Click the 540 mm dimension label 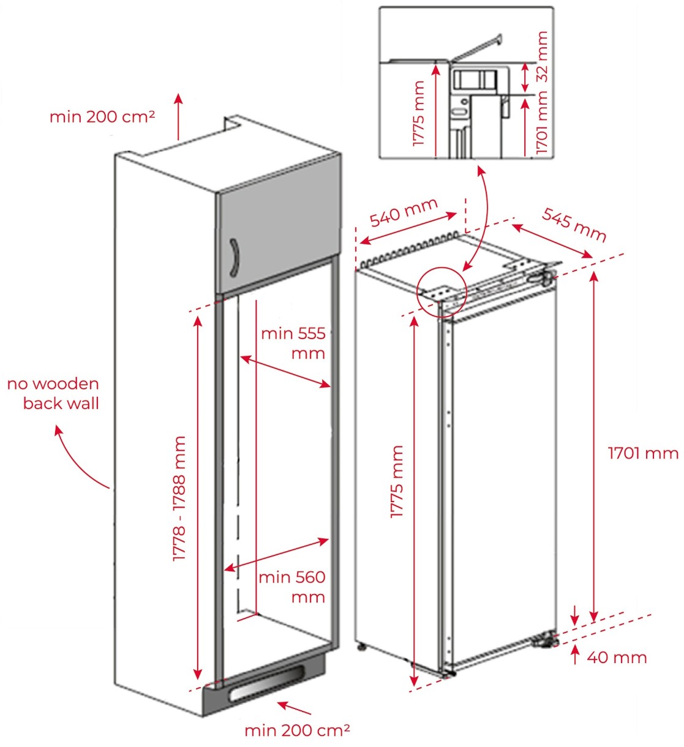click(404, 212)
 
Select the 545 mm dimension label click(574, 225)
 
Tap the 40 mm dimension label click(617, 658)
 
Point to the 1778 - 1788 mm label click(179, 499)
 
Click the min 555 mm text click(293, 343)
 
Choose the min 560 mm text click(291, 586)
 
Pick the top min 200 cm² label click(102, 116)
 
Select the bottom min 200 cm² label click(297, 730)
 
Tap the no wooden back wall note click(54, 393)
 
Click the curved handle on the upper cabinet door click(233, 258)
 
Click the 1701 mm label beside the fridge click(643, 453)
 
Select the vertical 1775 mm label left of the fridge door click(397, 482)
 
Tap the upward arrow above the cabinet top click(178, 116)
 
